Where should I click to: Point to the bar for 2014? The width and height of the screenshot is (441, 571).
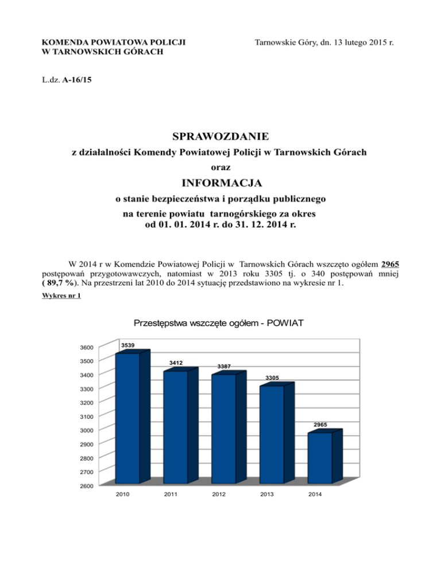[320, 458]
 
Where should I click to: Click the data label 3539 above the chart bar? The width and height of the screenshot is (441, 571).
[128, 345]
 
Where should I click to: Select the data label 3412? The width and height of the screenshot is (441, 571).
[176, 363]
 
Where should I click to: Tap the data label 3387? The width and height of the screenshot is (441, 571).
[225, 366]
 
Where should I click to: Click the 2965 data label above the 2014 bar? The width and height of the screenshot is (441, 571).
[320, 425]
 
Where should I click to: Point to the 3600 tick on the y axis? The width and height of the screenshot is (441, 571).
[87, 348]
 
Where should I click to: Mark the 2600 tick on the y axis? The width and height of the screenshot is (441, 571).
[87, 487]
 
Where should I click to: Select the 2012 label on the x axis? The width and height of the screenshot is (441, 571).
[218, 494]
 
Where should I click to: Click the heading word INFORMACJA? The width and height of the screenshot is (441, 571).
[221, 184]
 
